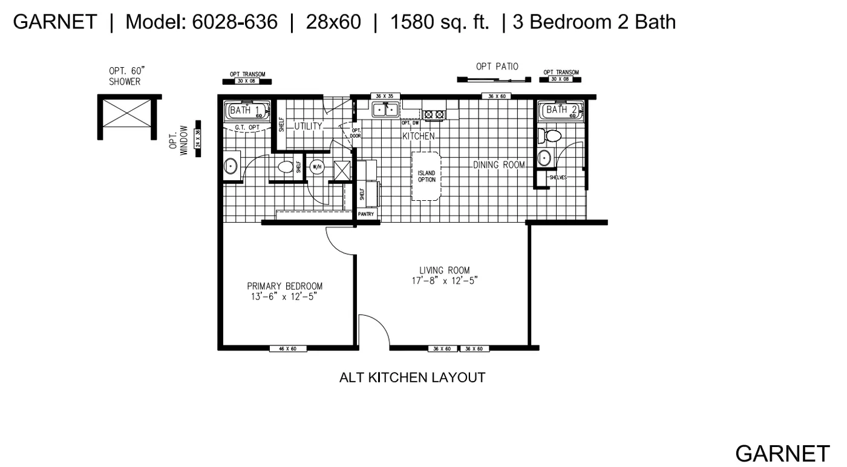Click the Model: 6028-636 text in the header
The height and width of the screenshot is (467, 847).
201,22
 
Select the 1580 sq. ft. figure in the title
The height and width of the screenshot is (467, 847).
439,22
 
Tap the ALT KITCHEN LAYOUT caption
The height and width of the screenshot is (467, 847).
412,377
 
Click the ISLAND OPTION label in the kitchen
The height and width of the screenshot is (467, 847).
427,176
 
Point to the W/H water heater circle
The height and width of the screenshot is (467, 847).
317,167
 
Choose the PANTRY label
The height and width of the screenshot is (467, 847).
366,214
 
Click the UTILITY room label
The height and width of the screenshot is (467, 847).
309,126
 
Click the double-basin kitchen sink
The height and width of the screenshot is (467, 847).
385,110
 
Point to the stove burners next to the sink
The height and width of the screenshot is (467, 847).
434,114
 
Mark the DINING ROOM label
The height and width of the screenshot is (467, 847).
499,165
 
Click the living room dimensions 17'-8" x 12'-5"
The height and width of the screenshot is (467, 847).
444,281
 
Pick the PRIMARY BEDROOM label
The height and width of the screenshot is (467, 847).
284,286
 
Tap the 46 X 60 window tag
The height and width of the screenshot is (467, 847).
287,349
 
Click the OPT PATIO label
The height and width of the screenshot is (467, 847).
497,67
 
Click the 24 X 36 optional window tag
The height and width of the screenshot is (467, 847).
197,139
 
